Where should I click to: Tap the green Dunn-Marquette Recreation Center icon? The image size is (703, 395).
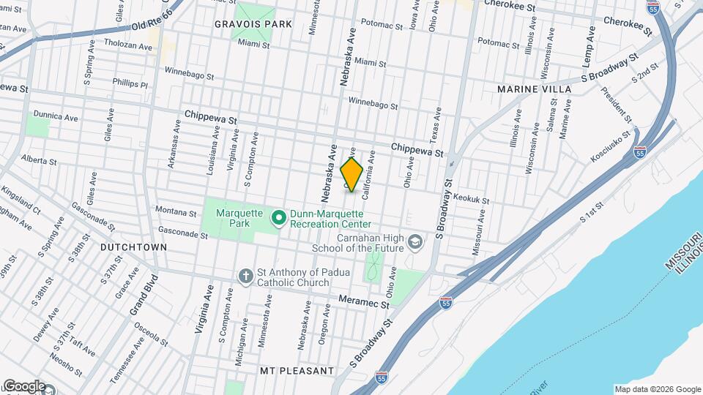coord(278,218)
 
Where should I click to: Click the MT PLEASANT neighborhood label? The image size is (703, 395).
coord(297,371)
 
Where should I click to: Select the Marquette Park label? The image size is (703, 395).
coord(234,218)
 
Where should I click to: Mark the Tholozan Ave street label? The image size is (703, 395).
coord(127,44)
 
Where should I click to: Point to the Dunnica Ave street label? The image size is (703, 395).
coord(55,117)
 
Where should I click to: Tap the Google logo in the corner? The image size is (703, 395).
coord(23,386)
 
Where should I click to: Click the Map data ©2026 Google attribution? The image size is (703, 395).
coord(657,389)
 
